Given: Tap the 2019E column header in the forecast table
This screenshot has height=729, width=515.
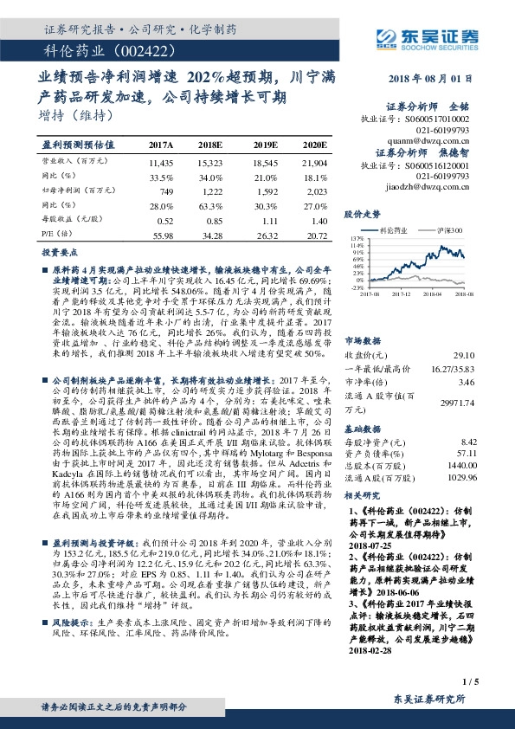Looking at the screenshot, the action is click(x=266, y=145).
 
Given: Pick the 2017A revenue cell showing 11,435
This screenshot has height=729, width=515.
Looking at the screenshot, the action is click(x=162, y=162).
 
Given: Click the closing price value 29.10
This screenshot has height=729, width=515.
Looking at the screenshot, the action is click(x=465, y=331).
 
